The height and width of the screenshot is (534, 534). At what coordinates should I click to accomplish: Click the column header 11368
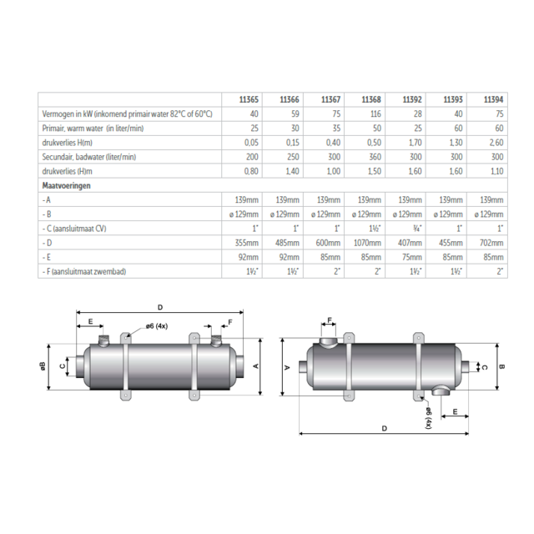373,98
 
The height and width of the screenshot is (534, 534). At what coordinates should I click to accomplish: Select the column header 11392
413,98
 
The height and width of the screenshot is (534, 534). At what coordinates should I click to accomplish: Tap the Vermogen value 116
376,113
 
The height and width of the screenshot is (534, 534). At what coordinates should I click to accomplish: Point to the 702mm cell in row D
492,243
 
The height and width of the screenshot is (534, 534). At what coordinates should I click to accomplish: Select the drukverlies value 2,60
494,142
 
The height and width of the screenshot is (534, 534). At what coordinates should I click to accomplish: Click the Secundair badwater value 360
375,156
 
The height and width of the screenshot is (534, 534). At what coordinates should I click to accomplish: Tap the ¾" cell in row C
416,229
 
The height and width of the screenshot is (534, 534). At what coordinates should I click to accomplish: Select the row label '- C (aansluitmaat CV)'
78,229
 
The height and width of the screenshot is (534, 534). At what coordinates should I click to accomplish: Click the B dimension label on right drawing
501,365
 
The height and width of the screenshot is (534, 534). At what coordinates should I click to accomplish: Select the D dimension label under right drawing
383,428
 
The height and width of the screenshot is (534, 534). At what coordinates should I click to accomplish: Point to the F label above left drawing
229,320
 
